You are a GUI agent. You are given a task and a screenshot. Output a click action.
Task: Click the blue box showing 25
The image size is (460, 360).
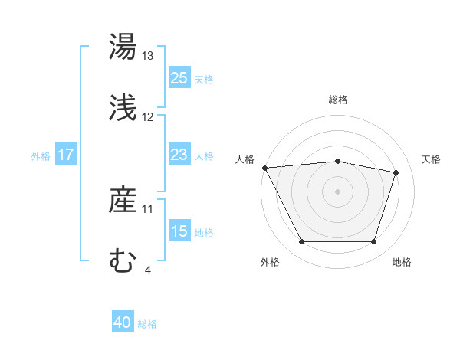[x=179, y=78]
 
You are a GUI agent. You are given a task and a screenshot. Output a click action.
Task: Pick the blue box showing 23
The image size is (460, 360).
[x=179, y=155]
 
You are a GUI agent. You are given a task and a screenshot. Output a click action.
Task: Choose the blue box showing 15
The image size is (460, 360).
[x=179, y=231]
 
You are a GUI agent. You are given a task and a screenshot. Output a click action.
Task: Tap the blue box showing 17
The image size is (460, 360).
[x=66, y=155]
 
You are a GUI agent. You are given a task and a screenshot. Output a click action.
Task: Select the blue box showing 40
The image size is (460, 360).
[x=123, y=323]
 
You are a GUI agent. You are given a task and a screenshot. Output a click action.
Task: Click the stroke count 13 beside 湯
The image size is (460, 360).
[x=148, y=56]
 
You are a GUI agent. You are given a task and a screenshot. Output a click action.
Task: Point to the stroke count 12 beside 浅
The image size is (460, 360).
[x=148, y=117]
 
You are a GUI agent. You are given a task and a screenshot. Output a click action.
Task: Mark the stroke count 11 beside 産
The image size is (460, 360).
[x=148, y=208]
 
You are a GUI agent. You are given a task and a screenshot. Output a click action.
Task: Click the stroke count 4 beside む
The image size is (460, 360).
[x=147, y=270]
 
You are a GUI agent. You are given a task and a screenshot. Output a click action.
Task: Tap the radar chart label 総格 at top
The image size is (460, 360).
[x=338, y=100]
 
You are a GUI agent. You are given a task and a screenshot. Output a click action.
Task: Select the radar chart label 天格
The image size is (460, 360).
[x=431, y=159]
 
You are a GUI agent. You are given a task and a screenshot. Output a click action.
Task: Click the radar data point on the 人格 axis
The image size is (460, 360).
[x=264, y=168]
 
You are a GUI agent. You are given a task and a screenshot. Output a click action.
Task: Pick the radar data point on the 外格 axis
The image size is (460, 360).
[x=302, y=242]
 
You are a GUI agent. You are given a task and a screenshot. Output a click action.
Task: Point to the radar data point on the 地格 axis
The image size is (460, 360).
[x=374, y=242]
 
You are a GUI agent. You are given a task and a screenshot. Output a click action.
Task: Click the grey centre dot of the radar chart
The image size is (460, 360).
[x=338, y=191]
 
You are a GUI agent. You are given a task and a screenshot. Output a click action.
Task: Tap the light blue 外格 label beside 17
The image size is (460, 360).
[x=41, y=155]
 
